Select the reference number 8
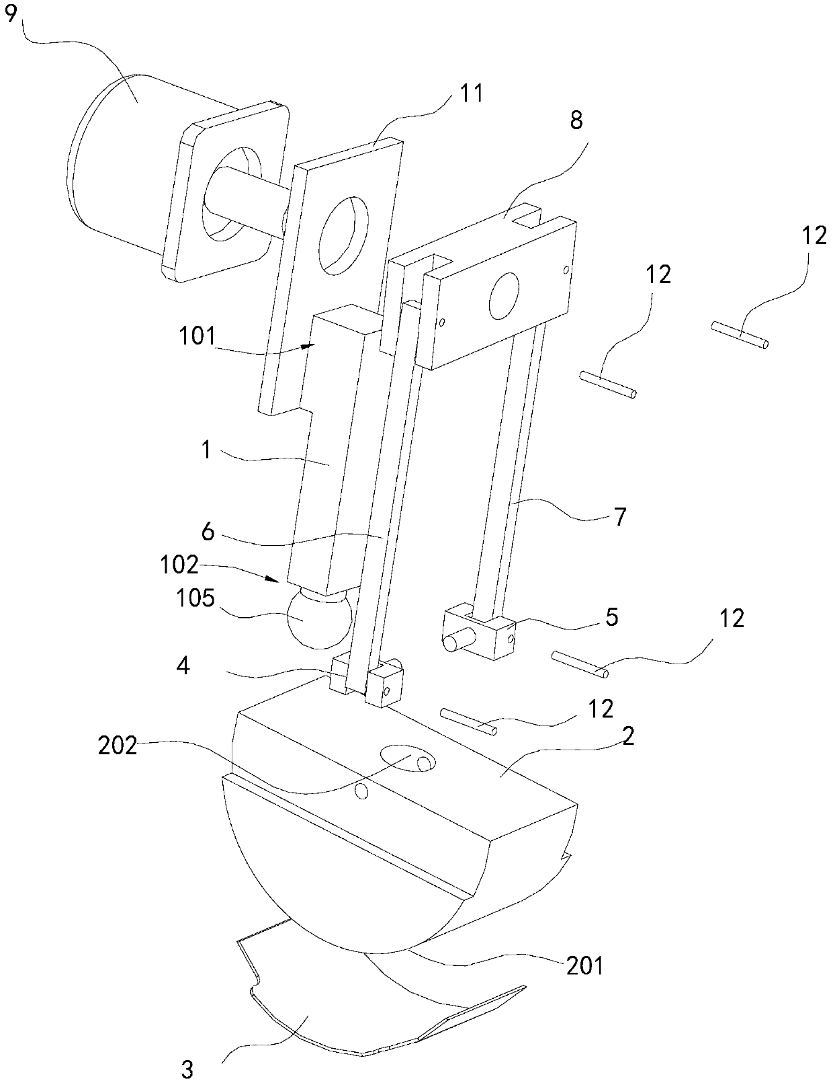(x=576, y=120)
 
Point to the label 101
(x=198, y=337)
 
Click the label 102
(x=179, y=565)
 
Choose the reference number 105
(x=195, y=598)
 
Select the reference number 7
(x=619, y=518)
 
